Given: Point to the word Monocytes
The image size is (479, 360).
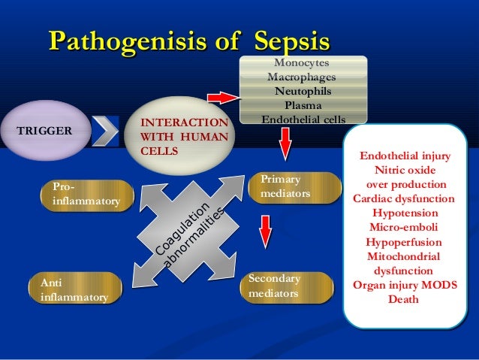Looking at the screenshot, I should coord(301,64).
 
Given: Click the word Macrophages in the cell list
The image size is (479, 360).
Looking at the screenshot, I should coord(301,77).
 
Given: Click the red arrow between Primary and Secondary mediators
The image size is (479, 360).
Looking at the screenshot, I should coord(266,232).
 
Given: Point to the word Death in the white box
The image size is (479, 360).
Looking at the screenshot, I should coord(403,299).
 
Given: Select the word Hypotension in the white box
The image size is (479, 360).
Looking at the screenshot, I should coord(403,213).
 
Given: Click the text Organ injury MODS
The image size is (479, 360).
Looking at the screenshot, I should coord(403,285).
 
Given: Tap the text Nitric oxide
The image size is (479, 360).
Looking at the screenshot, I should coord(405,171).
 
